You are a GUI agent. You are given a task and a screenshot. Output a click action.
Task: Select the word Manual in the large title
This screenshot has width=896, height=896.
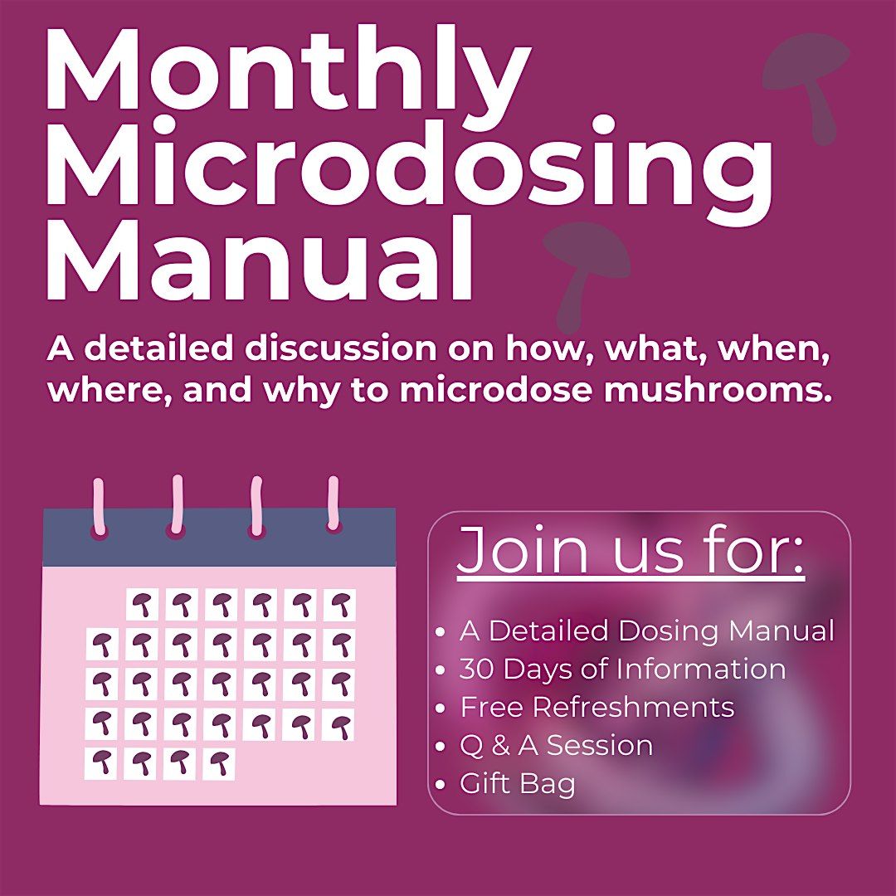point(260,259)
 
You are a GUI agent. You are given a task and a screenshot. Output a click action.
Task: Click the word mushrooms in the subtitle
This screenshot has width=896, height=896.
point(717,390)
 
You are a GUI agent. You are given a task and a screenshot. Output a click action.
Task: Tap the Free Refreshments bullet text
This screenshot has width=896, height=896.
point(597,707)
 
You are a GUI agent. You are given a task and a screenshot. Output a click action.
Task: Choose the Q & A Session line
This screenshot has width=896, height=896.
point(556,745)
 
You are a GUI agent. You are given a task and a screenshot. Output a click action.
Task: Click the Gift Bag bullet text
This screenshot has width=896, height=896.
point(517,783)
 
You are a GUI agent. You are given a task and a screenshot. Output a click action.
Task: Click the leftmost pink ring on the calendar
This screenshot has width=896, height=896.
point(99,509)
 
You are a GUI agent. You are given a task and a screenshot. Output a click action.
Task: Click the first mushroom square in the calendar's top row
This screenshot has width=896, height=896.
point(142,605)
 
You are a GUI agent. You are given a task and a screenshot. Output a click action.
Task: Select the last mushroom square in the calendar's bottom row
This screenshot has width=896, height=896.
point(219,763)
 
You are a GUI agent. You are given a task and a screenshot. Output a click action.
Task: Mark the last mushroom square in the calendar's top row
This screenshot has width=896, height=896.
point(339,605)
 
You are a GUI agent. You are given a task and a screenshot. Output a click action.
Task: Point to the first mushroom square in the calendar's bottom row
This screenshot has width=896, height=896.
point(101,763)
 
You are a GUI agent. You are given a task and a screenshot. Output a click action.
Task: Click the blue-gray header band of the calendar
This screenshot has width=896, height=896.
point(219,537)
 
